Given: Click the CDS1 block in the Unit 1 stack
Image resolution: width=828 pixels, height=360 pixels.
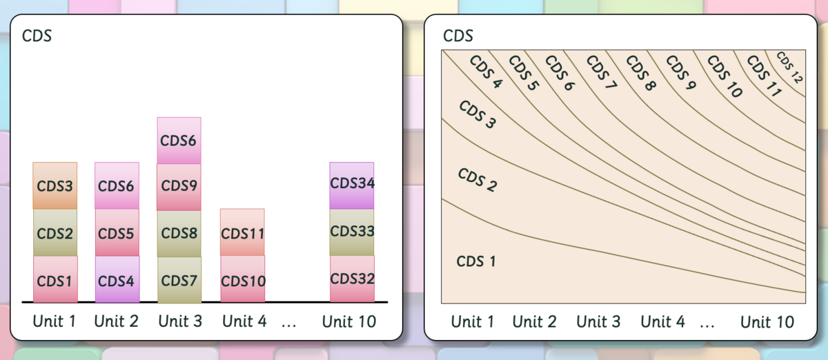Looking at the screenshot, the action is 55,279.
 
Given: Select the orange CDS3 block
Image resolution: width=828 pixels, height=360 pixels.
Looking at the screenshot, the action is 55,186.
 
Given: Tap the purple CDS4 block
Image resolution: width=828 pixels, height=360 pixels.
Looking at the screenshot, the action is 117,279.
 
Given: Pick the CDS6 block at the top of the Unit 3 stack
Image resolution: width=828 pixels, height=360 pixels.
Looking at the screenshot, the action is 179,141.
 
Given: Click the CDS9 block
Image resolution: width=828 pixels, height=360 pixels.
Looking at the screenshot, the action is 179,188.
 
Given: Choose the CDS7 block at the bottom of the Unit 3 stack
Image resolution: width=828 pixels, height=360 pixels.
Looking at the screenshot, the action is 179,280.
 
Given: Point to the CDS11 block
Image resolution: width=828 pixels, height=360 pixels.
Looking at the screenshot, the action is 242,232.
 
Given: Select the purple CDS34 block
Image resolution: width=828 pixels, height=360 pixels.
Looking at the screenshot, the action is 351,186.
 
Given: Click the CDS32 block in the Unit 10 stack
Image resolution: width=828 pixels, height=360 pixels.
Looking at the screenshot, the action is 352,279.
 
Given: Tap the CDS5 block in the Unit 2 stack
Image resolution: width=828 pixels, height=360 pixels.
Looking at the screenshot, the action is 117,232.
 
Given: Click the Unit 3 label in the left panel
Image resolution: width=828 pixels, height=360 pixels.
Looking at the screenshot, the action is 180,321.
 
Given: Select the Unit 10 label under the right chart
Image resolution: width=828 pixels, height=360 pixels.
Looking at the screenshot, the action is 767,322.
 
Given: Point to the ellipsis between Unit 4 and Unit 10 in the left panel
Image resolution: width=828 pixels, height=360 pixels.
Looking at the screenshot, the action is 288,326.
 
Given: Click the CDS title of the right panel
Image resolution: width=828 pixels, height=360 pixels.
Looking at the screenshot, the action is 458,36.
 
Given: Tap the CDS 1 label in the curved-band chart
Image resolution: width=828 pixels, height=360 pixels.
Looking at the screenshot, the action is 475,261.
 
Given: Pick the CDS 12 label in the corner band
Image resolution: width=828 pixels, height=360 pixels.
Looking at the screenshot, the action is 790,68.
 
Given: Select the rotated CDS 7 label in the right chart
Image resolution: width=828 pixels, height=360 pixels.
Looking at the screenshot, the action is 602,72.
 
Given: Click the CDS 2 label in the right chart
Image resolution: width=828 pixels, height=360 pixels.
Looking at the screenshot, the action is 477,179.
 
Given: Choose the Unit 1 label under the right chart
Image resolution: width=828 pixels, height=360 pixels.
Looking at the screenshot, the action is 473,322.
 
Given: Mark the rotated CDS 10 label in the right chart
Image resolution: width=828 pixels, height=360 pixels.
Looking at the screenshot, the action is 725,77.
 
